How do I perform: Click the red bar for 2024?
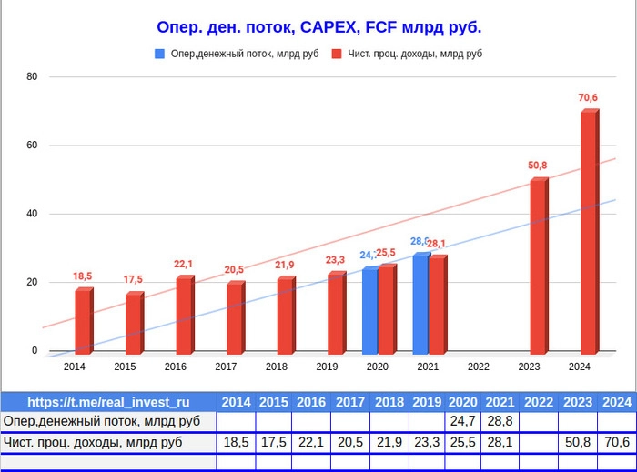589,232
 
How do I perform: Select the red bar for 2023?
538,266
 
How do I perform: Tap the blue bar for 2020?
369,310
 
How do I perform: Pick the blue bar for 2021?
420,304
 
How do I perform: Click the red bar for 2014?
83,321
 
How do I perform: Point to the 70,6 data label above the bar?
588,98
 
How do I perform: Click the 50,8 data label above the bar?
538,166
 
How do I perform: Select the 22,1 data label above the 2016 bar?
183,264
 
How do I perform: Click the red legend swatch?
337,54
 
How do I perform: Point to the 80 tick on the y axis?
32,76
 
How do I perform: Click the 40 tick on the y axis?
32,214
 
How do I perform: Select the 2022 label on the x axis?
479,367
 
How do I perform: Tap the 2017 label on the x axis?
226,367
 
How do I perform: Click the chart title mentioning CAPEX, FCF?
319,27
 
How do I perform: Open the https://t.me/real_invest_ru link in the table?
108,402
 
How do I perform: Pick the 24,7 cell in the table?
462,421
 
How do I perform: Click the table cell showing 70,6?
616,442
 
